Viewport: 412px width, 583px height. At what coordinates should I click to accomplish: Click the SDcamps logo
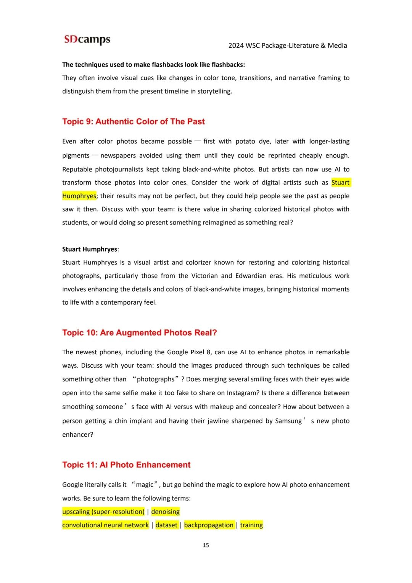tap(87, 39)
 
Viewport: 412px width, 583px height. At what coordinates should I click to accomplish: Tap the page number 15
tap(206, 545)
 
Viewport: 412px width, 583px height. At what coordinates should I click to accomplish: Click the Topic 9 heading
tap(134, 121)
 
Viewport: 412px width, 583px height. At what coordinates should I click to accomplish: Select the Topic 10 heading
tap(140, 333)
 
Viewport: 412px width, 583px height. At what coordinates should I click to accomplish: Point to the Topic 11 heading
tap(126, 465)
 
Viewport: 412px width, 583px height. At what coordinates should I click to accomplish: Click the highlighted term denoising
tap(165, 512)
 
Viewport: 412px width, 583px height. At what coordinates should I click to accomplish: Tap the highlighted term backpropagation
tap(209, 525)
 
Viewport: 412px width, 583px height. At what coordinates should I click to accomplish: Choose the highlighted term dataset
tap(166, 525)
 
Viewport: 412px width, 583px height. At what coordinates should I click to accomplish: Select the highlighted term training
tap(251, 525)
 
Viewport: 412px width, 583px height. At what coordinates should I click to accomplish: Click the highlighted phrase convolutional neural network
tap(106, 525)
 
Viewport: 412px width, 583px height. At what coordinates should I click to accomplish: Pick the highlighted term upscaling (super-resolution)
tap(103, 512)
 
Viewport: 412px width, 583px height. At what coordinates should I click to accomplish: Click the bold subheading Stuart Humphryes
tap(90, 249)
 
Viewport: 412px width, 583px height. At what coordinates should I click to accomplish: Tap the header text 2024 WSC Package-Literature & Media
tap(288, 45)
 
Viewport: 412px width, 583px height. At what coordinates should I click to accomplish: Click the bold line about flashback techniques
tap(154, 65)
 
